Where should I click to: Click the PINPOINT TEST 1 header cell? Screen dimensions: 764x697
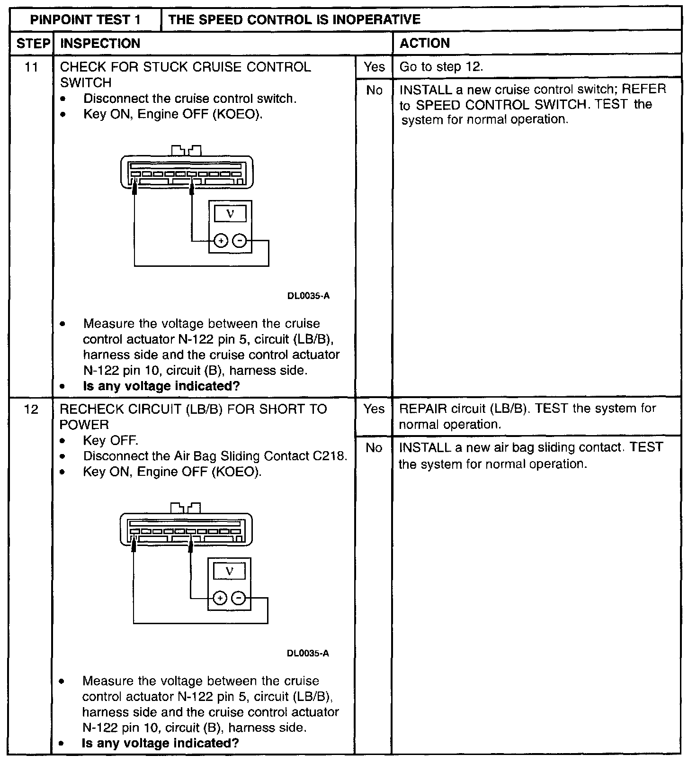(85, 20)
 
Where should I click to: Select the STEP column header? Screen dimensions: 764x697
(33, 44)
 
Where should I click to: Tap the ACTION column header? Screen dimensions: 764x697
(425, 44)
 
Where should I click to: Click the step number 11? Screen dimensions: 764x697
(31, 67)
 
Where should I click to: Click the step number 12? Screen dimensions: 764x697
(31, 409)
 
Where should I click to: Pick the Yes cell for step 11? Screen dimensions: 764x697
(374, 67)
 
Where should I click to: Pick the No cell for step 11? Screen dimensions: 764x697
(374, 90)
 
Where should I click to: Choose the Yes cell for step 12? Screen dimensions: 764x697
(374, 409)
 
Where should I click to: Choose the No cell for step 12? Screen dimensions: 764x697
(374, 447)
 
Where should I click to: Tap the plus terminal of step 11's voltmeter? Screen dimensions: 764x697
(221, 241)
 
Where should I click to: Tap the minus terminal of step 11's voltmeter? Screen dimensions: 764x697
(240, 241)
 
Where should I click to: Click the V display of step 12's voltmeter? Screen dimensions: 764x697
(229, 571)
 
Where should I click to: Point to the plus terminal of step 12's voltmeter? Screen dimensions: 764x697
(220, 599)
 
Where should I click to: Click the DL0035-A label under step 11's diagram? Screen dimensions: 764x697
(308, 296)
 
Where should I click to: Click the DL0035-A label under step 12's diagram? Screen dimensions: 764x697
(308, 654)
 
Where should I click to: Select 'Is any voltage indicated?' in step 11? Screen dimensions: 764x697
(161, 386)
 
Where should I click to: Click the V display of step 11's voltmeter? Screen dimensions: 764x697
(230, 214)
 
